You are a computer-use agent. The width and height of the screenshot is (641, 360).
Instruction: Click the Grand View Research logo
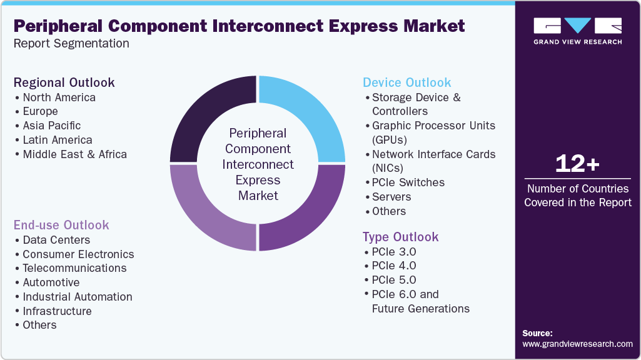(x=577, y=31)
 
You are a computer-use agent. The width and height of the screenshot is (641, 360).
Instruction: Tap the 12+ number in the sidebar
(x=577, y=164)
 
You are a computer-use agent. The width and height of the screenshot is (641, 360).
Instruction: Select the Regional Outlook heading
(x=64, y=82)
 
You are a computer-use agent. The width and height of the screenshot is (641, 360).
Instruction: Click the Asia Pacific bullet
(x=51, y=126)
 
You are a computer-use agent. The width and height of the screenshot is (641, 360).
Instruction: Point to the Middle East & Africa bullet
(x=74, y=154)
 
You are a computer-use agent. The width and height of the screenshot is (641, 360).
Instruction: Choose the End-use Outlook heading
(x=61, y=225)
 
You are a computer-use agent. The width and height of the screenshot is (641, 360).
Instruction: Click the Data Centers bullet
(x=56, y=240)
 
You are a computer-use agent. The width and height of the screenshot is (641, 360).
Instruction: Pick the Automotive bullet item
(x=51, y=282)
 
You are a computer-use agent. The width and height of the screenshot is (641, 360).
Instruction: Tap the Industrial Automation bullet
(x=77, y=297)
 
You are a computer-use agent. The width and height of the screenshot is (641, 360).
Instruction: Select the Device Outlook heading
(x=406, y=82)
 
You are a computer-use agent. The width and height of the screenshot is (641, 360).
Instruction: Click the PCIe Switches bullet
(x=408, y=182)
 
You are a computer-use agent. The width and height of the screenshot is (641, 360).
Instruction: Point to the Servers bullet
(x=391, y=197)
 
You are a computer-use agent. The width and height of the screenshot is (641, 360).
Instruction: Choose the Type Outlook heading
(x=400, y=237)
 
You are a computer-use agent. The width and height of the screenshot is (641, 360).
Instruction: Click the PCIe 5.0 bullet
(x=393, y=280)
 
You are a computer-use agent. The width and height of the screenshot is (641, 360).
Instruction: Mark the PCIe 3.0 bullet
(x=393, y=252)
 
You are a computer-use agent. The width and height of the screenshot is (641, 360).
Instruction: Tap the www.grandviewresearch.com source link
(x=577, y=344)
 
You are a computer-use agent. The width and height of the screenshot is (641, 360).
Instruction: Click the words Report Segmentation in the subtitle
(x=71, y=44)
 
